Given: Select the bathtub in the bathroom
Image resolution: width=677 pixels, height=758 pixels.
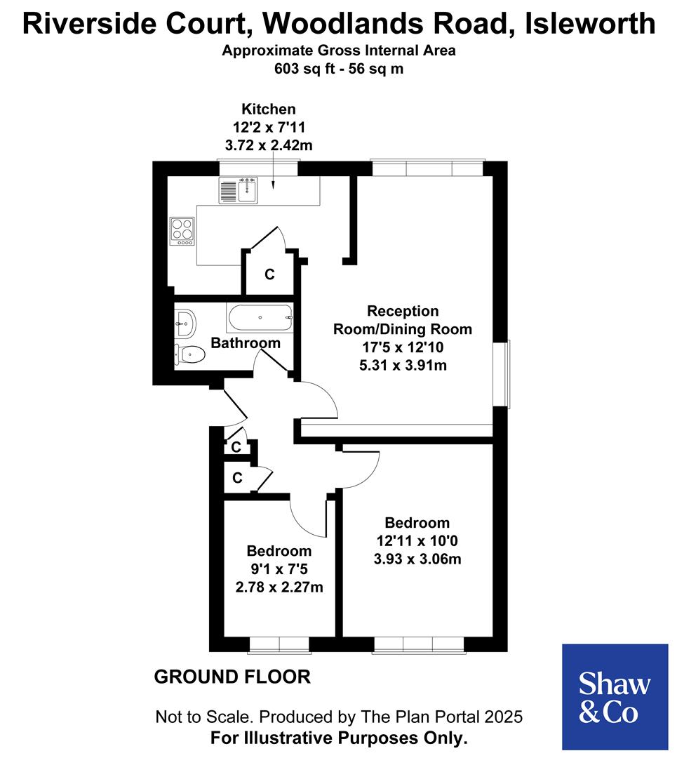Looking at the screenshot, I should pyautogui.click(x=260, y=318).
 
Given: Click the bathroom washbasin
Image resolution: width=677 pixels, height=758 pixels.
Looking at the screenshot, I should pyautogui.click(x=185, y=324).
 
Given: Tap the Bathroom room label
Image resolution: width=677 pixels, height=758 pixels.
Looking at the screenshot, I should pyautogui.click(x=246, y=343).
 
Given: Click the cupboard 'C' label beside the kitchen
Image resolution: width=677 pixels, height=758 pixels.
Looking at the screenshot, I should pyautogui.click(x=269, y=274).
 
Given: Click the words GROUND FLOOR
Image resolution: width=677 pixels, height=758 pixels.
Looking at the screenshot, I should pyautogui.click(x=232, y=677).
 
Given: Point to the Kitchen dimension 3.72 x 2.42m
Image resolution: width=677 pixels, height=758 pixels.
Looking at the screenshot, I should pyautogui.click(x=269, y=146).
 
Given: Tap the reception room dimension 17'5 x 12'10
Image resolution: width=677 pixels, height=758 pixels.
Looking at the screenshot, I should pyautogui.click(x=402, y=347).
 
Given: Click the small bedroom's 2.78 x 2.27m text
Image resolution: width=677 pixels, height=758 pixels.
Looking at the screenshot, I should pyautogui.click(x=279, y=587).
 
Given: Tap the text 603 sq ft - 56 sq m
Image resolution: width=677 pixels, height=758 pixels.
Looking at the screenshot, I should pyautogui.click(x=339, y=69).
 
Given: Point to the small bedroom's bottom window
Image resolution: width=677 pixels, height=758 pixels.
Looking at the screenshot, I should pyautogui.click(x=279, y=644).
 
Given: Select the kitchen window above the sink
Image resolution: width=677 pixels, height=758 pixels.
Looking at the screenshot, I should pyautogui.click(x=258, y=167).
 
